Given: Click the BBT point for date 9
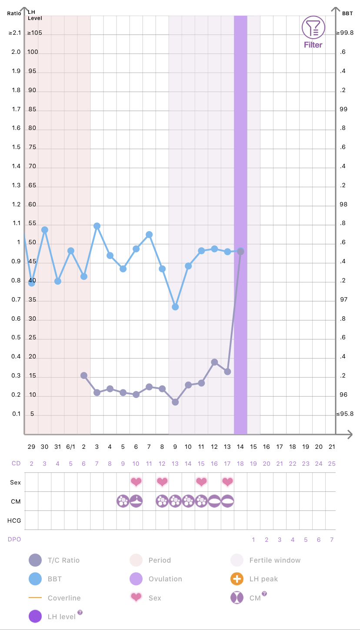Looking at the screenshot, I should (x=175, y=307).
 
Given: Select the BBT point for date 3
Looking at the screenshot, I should (x=97, y=226).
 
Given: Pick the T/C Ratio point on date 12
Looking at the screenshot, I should (x=214, y=362).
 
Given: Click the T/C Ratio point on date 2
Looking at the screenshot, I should (x=84, y=375).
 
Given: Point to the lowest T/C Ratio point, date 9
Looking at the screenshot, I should (x=175, y=402).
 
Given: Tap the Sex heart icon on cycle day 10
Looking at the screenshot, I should (x=136, y=481).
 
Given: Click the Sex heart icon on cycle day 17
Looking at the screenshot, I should (x=227, y=481).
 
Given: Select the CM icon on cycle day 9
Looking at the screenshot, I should (x=123, y=501).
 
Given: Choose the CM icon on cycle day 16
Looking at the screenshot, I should (x=214, y=501).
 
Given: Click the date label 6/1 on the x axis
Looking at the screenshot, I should (x=70, y=447).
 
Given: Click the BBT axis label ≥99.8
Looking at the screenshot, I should (x=345, y=33).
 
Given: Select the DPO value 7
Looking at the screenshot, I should (x=332, y=540).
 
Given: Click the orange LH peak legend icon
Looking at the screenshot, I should (x=237, y=579).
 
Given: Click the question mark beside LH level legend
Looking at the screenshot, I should (x=80, y=613).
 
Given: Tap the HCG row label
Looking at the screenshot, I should (x=16, y=520).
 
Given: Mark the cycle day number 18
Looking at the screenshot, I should (x=240, y=464).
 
